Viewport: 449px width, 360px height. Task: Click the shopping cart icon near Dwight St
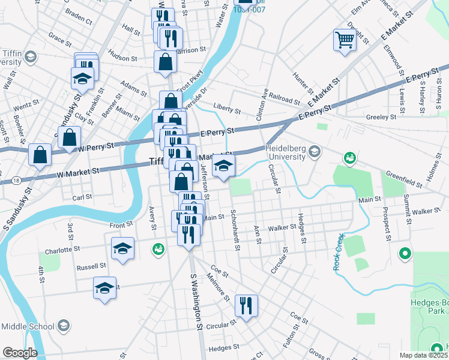(x=345, y=41)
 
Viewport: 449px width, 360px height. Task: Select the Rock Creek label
(x=339, y=251)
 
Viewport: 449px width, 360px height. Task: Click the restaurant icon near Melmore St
(x=246, y=306)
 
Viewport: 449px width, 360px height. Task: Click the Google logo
(x=20, y=352)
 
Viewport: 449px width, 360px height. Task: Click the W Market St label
(x=78, y=172)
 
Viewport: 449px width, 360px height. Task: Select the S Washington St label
(x=196, y=303)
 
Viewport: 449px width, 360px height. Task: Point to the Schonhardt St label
(x=235, y=231)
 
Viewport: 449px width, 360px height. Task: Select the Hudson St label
(x=123, y=59)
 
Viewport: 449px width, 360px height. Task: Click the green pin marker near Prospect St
(x=405, y=254)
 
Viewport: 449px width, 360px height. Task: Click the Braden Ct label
(x=79, y=20)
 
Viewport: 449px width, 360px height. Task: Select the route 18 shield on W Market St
(x=15, y=179)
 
